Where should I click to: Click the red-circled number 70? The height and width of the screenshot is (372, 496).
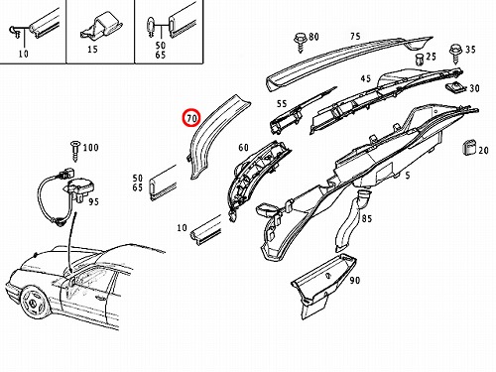point(192,117)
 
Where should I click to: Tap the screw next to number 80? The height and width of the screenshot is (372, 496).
point(301,42)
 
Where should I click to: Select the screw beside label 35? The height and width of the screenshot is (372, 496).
point(456,55)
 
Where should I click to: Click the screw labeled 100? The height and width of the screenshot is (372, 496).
point(76,151)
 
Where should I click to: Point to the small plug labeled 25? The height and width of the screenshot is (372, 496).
point(420,60)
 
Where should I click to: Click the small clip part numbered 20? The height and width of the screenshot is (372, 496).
point(469,148)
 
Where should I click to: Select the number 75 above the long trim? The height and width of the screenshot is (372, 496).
point(355,36)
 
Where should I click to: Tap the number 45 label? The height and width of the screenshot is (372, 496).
point(366,79)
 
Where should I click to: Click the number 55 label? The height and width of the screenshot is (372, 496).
point(282,104)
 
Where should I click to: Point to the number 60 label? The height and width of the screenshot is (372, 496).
point(243,148)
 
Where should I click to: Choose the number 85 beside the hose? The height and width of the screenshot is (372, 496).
point(367,218)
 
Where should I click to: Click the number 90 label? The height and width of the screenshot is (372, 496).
point(354,281)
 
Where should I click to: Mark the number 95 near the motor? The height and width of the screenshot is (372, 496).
point(93,201)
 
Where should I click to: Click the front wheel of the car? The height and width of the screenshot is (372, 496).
point(35,302)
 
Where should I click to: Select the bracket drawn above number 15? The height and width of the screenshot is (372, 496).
point(101,27)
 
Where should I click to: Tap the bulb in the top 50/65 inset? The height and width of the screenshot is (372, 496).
point(151,27)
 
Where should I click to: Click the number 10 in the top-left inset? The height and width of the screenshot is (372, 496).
point(23,54)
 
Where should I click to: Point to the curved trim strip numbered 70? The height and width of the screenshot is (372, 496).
point(211,137)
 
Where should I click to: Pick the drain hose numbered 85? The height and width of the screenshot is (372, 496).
point(351,220)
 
